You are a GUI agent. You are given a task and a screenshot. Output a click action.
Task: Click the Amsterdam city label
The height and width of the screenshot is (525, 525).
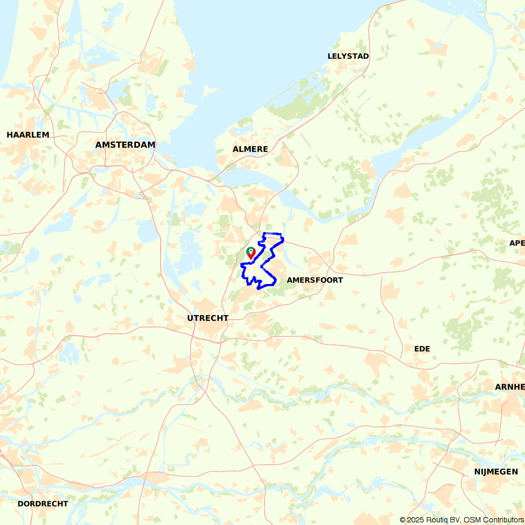coord(125,145)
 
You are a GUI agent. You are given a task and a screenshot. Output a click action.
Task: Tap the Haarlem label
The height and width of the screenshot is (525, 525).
coord(28,135)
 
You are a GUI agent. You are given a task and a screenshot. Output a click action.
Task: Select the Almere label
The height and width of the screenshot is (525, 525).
coord(250,149)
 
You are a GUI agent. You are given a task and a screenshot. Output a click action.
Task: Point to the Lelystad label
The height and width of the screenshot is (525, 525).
coord(348,56)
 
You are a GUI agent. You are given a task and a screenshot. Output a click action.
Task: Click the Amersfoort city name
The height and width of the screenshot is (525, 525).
coord(314,280)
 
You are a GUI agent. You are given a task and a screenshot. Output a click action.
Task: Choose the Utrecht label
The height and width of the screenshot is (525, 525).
coord(208,318)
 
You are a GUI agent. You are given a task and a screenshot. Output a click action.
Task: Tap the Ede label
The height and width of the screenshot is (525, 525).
coord(422,349)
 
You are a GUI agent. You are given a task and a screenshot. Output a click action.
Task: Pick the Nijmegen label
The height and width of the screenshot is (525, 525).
coord(496,472)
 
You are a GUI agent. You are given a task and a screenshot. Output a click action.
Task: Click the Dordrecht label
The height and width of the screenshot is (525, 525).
coord(43,503)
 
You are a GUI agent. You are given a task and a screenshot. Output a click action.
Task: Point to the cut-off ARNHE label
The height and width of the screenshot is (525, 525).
coord(510,387)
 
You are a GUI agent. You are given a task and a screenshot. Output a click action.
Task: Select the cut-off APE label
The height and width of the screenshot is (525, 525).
coord(517,243)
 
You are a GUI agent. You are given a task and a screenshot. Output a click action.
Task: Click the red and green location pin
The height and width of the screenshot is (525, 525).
coord(251,253)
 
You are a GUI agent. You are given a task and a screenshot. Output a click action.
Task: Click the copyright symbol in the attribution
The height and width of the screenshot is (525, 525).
coord(403,520)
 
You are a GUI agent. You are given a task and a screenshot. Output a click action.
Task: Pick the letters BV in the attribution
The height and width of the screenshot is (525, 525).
coord(453,520)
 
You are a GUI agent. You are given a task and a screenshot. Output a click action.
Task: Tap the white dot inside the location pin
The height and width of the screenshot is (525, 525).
coord(251,250)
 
